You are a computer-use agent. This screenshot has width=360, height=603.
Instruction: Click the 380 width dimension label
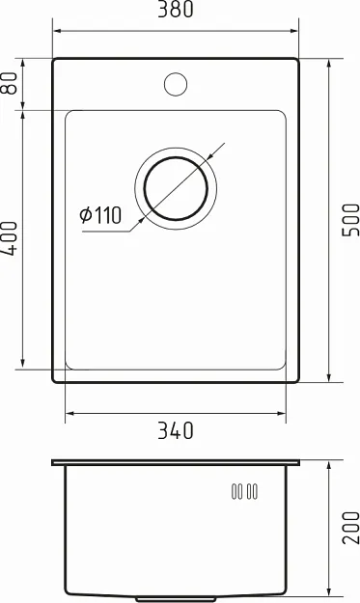pos(176,10)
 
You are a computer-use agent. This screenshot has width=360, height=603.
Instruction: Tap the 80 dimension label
pos(10,83)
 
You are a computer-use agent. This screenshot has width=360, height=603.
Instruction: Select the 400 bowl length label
pos(10,238)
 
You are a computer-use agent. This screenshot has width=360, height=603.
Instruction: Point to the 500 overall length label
pos(350,220)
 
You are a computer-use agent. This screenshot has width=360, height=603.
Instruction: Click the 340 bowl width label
pos(176,430)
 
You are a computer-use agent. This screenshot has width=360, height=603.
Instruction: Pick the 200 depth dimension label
pos(350,528)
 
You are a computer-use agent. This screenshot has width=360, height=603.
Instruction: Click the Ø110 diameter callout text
pos(100,215)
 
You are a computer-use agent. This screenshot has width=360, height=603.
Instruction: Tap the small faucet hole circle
pos(176,84)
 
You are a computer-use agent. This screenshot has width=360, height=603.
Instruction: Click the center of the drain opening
pos(176,188)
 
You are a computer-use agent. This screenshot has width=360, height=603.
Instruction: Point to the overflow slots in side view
pos(244,491)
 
